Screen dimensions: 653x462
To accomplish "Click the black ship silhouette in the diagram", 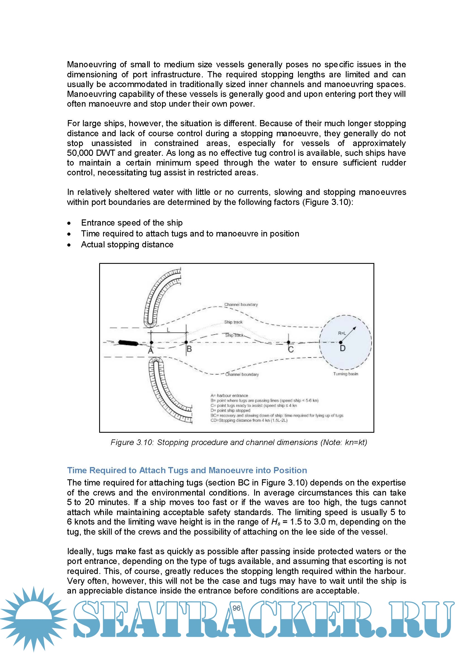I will point(128,343).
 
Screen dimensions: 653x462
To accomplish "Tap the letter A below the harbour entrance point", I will point(151,351).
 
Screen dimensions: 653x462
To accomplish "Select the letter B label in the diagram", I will point(189,349).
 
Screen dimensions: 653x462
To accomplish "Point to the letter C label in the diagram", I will point(291,350).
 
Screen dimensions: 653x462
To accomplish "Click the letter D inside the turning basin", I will point(343,348).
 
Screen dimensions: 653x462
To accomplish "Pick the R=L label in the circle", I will point(342,333).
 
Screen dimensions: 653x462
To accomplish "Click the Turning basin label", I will point(346,374).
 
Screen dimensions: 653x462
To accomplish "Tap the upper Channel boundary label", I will point(241,305).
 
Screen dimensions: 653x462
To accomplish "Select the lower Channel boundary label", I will point(242,374).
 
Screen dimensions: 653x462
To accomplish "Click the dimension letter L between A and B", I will point(168,330).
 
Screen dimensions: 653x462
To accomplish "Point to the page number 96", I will point(236,608).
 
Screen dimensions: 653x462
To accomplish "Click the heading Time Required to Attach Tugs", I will point(187,470).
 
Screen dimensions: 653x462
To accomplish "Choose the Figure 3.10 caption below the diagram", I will point(239,442).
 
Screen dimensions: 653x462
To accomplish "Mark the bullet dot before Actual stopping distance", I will point(69,245).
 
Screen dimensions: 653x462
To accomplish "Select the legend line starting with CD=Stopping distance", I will point(249,420).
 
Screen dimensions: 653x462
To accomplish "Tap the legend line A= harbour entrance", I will point(229,395).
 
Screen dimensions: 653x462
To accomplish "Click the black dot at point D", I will point(341,343).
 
